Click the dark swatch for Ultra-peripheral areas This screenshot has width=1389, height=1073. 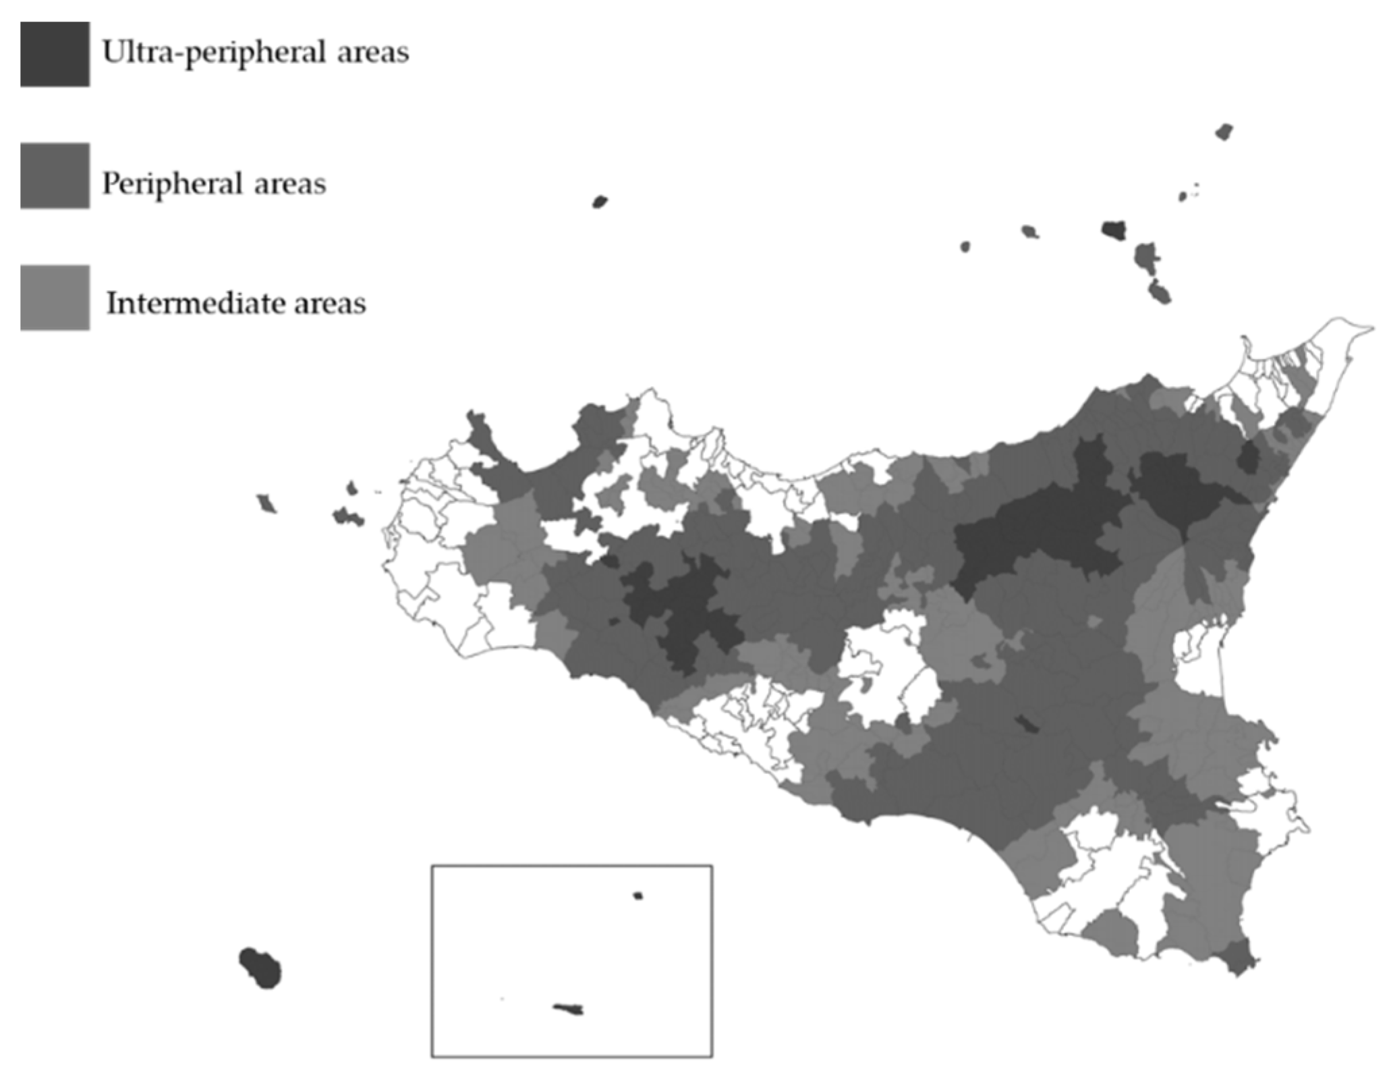(55, 54)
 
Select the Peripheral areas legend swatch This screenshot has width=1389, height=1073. (55, 175)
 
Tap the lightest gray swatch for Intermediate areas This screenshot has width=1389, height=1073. (55, 297)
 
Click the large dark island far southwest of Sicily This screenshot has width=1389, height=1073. (261, 968)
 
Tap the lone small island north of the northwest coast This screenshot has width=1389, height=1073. (600, 201)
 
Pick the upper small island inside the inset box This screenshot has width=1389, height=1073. (637, 896)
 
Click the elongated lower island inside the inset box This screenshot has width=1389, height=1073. (569, 1009)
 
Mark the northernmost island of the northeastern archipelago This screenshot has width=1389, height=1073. (1224, 132)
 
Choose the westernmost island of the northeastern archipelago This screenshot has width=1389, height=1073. (965, 246)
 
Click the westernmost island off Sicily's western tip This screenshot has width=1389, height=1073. (266, 503)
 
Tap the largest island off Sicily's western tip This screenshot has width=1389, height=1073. (347, 518)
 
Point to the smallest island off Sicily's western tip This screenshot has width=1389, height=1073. (351, 487)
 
